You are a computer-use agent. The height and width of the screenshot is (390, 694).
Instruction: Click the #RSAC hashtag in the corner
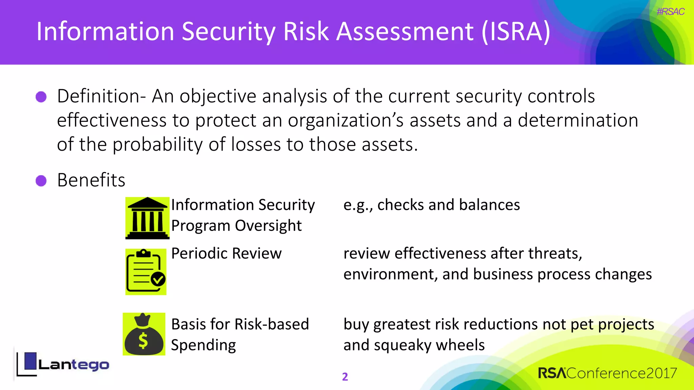(x=670, y=12)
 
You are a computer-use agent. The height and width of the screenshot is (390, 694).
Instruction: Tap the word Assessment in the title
(x=405, y=31)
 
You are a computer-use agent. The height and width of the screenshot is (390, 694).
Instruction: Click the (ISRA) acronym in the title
(x=516, y=31)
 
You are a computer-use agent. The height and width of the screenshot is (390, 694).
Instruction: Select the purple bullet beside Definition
(x=41, y=97)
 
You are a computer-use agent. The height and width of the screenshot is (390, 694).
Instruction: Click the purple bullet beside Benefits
(x=41, y=181)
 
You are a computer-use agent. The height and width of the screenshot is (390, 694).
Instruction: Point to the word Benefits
(x=91, y=180)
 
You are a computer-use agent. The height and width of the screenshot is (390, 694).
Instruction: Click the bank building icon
(x=147, y=218)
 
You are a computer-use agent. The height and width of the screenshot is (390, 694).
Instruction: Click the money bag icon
(x=144, y=334)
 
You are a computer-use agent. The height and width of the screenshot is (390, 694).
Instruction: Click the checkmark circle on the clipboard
(x=158, y=279)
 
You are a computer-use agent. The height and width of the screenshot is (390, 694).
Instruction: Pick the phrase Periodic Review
(x=226, y=254)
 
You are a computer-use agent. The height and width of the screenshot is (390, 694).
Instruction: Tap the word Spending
(x=203, y=345)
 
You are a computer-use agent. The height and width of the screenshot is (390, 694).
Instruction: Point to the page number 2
(x=345, y=377)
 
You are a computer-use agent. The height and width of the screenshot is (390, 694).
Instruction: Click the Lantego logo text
(x=74, y=365)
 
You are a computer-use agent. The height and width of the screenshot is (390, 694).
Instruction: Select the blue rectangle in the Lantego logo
(x=30, y=361)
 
